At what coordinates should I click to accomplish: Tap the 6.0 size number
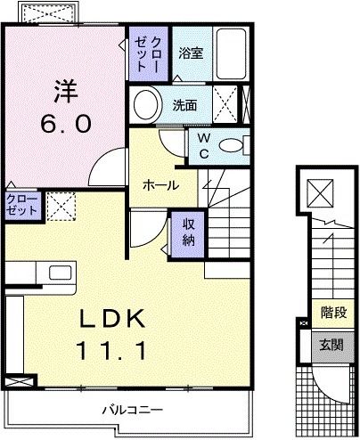pos(64,124)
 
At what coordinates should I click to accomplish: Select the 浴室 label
pos(190,53)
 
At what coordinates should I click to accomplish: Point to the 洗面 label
pos(184,104)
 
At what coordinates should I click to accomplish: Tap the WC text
pos(203,145)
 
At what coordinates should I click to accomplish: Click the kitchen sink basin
pos(61,273)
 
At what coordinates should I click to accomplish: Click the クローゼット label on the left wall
pos(21,205)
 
